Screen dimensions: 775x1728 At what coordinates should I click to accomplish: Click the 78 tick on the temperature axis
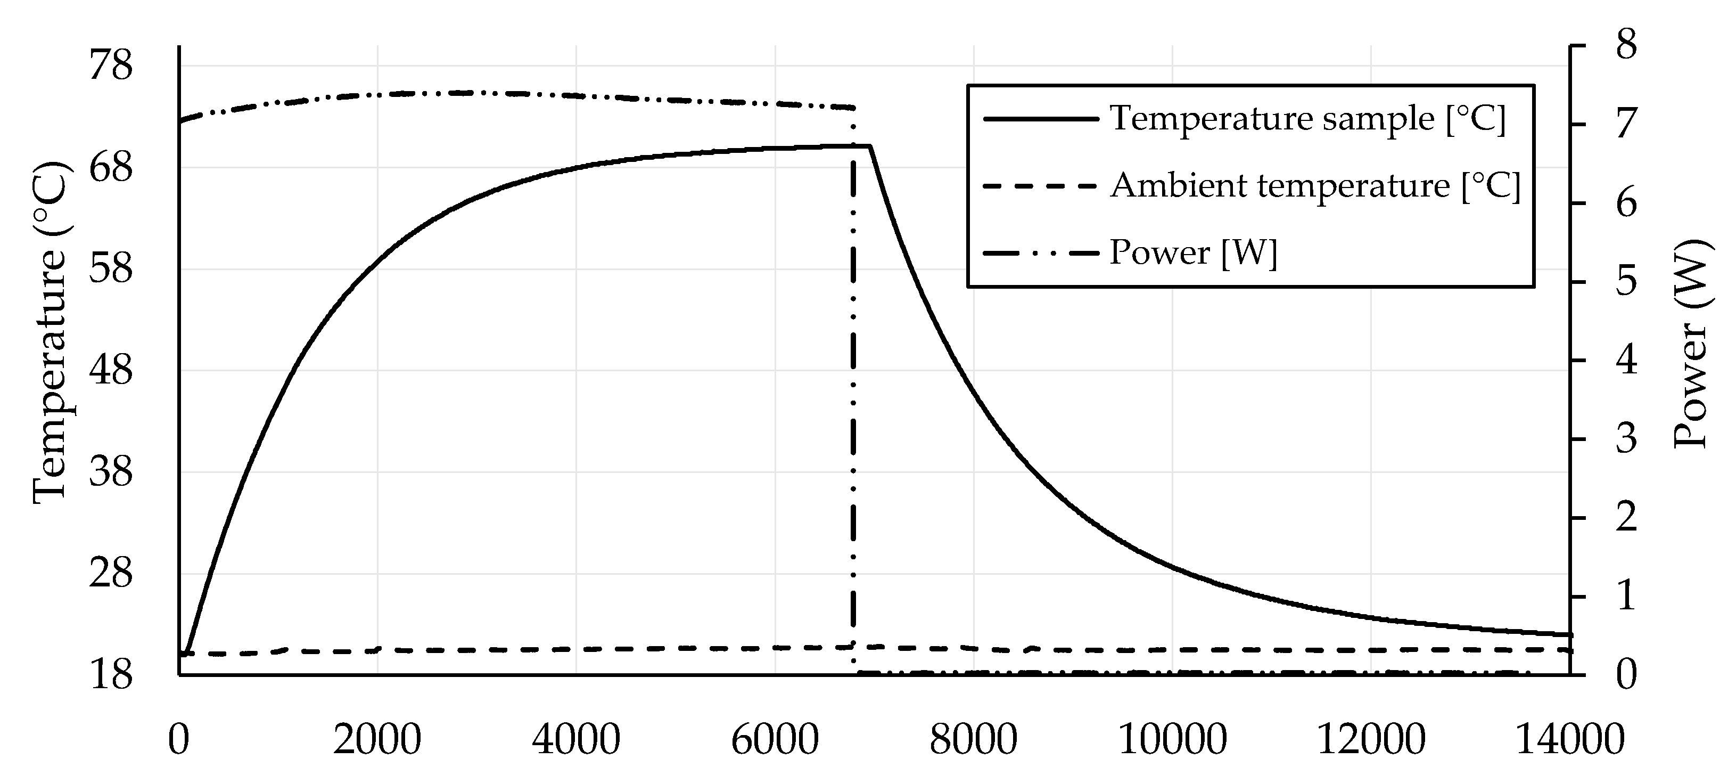[111, 67]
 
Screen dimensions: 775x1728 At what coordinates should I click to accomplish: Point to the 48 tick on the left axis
[111, 370]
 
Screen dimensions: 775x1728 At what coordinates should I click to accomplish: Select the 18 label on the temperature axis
[111, 675]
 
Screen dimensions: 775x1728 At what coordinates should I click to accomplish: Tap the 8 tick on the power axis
[1626, 46]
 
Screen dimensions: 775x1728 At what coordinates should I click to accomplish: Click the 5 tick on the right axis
[1626, 282]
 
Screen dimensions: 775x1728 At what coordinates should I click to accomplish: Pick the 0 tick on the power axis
[1626, 675]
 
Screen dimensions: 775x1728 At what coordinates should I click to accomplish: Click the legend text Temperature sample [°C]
[1307, 119]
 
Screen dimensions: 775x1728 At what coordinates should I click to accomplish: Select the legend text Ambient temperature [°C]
[1315, 185]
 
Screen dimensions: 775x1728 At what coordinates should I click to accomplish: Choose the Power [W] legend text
[1192, 253]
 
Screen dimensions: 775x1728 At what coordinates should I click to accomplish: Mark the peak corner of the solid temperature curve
[870, 145]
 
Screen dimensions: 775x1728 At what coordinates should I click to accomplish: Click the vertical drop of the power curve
[853, 403]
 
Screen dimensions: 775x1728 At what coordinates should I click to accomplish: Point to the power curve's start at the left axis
[181, 121]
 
